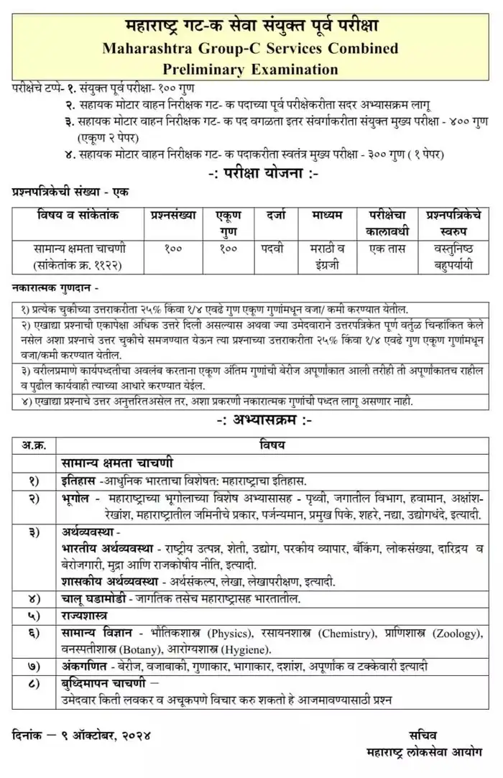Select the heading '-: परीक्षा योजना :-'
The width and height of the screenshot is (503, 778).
coord(251,174)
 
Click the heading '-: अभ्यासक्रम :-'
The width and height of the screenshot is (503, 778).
coord(251,420)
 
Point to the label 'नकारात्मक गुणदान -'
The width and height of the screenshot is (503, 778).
coord(56,287)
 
